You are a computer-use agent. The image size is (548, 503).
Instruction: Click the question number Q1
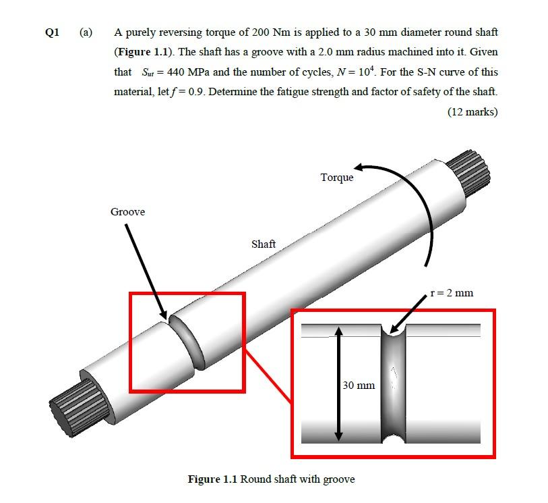[x=52, y=32]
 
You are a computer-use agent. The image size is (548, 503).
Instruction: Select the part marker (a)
[x=86, y=32]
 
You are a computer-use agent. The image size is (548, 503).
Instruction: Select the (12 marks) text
[x=472, y=111]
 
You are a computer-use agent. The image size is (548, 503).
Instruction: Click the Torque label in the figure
[x=336, y=178]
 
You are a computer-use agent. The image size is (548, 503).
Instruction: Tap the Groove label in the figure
[x=127, y=212]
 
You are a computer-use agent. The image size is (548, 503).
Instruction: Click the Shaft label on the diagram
[x=263, y=244]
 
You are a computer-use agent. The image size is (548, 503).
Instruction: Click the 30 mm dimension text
[x=358, y=386]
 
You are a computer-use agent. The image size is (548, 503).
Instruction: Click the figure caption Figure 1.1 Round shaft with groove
[x=270, y=479]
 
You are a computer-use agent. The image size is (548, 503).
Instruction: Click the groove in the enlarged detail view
[x=393, y=385]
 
